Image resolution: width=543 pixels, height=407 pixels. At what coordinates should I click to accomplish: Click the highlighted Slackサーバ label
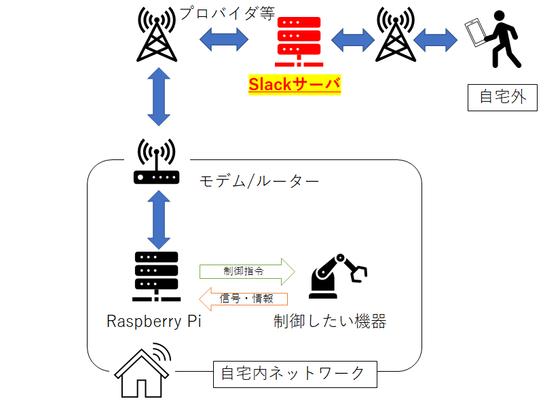(x=294, y=85)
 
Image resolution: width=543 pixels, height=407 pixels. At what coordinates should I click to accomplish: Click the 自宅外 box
(x=503, y=96)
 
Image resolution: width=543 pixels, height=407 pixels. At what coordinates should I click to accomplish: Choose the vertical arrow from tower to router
(x=157, y=96)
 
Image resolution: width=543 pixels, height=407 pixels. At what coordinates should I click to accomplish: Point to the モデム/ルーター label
(x=259, y=181)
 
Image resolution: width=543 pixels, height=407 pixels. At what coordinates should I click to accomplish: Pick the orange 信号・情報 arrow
(x=244, y=298)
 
